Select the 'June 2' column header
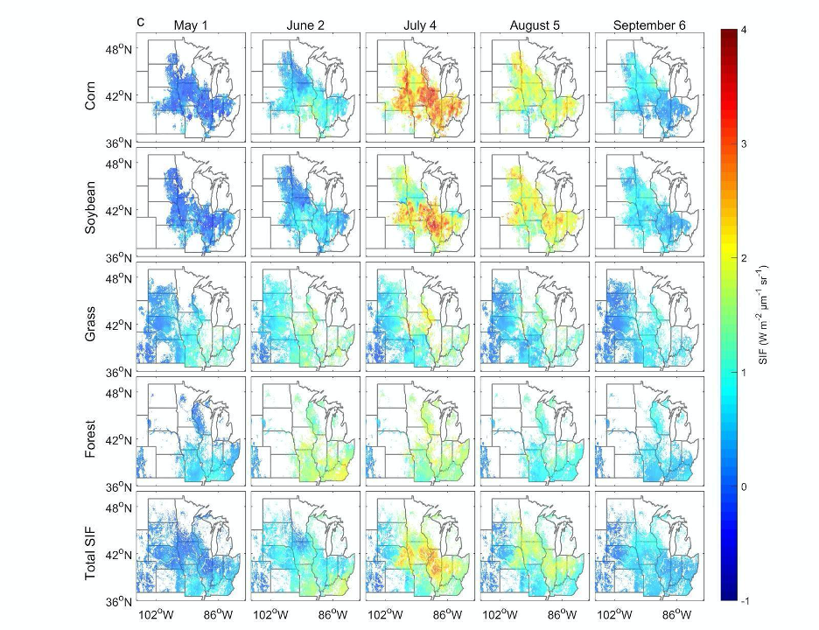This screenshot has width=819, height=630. click(305, 24)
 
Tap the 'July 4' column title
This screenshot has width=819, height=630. click(420, 24)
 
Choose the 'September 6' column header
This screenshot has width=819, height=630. click(649, 24)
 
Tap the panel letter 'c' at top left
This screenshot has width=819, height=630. click(140, 21)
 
